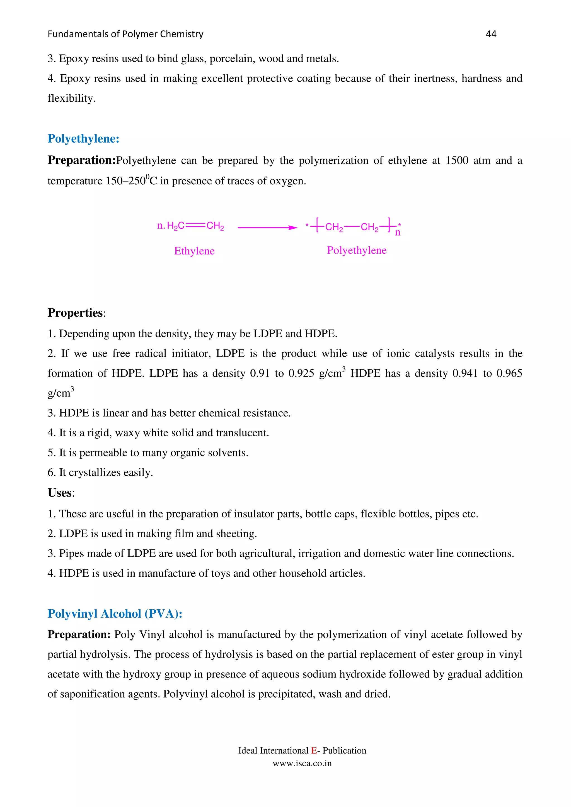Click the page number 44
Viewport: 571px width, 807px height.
click(491, 34)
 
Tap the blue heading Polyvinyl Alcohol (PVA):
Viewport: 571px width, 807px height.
click(115, 613)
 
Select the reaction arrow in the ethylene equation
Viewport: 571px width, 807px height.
click(267, 228)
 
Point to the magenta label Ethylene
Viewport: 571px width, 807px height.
click(194, 251)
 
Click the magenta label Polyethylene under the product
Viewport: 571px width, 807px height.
click(356, 250)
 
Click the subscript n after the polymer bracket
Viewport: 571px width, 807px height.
click(398, 233)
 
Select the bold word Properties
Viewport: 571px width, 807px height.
click(75, 312)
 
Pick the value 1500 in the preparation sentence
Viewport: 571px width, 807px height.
click(457, 161)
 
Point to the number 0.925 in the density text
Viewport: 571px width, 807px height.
click(301, 373)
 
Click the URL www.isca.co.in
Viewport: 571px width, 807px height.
click(302, 763)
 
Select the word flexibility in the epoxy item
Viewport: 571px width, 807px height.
click(71, 98)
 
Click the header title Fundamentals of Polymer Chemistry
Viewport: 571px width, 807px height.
click(125, 34)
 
